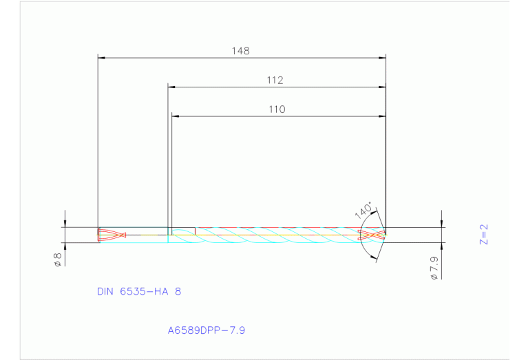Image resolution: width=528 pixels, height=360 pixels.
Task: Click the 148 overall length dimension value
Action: (x=241, y=51)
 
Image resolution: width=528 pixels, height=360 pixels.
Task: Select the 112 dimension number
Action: (x=275, y=81)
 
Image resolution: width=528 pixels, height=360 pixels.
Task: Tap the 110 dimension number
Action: (x=277, y=109)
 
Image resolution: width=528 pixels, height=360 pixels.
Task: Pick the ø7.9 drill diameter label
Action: (x=433, y=267)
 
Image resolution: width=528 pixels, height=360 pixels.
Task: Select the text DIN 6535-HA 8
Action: (x=139, y=292)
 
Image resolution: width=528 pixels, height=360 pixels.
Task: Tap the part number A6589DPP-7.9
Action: (x=207, y=330)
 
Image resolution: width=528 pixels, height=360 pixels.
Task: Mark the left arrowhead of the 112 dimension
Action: (x=172, y=87)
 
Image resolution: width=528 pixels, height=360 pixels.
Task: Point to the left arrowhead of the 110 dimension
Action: (x=176, y=116)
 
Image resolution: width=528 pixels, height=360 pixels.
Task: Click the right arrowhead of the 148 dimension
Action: (x=381, y=58)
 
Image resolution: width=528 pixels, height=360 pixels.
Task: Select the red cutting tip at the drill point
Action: (x=372, y=235)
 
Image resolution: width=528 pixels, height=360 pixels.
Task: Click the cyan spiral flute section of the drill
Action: (x=275, y=235)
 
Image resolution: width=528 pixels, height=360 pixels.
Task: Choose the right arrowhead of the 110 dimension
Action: (x=381, y=116)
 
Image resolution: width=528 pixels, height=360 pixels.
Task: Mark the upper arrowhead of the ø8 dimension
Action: (x=65, y=223)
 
